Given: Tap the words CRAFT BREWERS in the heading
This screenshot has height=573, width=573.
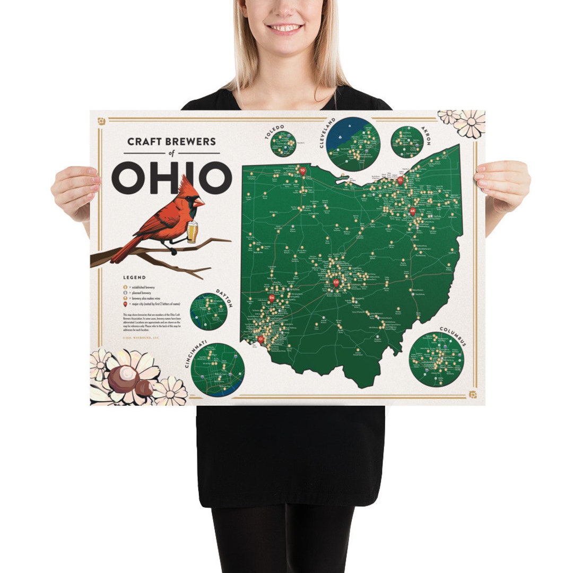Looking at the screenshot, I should pyautogui.click(x=171, y=142).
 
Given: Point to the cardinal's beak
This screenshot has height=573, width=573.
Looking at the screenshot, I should pyautogui.click(x=199, y=202).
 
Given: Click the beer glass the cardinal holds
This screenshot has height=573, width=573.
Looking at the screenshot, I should pyautogui.click(x=193, y=231).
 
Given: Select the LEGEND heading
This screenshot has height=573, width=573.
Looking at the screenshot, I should pyautogui.click(x=134, y=277).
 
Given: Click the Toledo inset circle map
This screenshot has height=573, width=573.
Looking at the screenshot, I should pyautogui.click(x=286, y=140).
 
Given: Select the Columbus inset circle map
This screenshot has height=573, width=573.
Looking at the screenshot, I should pyautogui.click(x=437, y=359).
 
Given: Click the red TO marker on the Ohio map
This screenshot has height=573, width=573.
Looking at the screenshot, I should pyautogui.click(x=303, y=171).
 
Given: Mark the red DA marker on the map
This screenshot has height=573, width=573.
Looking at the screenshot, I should pyautogui.click(x=272, y=299).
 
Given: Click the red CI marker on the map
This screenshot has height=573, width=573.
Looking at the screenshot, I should pyautogui.click(x=261, y=338).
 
